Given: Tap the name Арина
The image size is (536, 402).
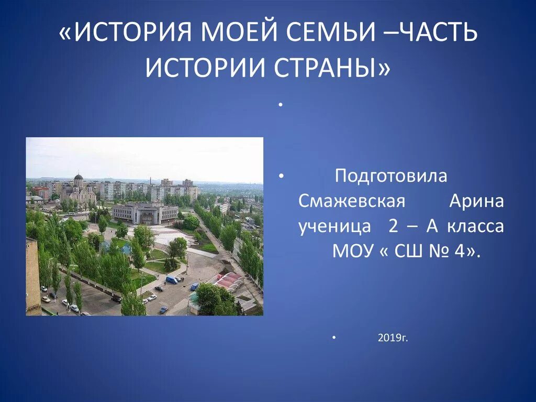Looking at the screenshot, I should pos(476,202).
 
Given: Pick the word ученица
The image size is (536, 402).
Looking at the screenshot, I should pos(331,226).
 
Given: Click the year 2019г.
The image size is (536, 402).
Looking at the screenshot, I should pos(392,339).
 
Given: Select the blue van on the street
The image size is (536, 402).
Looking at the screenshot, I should pos(172,279).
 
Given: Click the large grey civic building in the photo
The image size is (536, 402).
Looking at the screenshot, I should pos(145,213).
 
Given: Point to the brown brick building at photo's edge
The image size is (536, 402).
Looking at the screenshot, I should pos(32,275).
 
